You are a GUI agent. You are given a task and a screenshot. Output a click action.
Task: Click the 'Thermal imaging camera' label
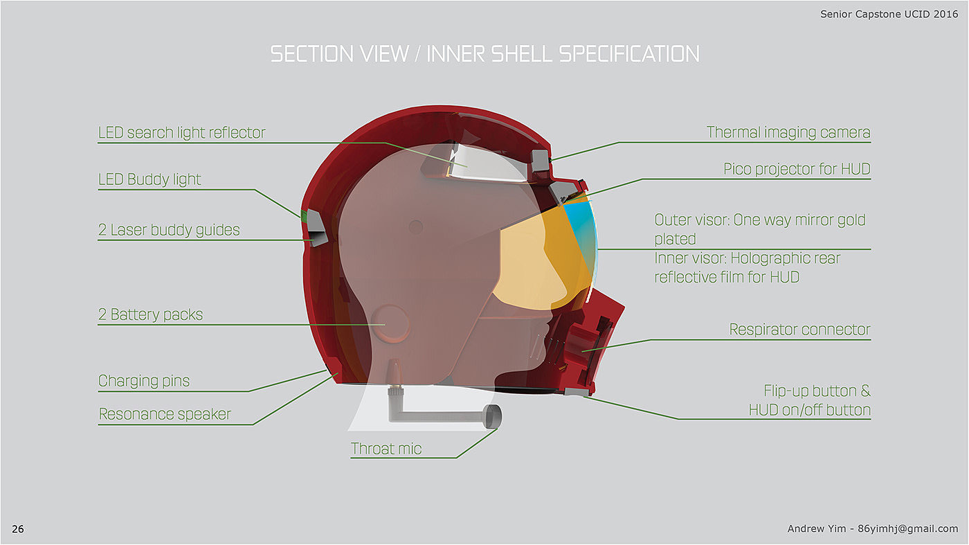point(788,132)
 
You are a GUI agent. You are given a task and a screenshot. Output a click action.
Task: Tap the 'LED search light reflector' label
point(181,133)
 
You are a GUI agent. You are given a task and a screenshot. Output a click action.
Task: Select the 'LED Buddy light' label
point(150,179)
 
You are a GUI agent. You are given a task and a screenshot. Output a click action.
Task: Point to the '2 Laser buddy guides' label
point(169,230)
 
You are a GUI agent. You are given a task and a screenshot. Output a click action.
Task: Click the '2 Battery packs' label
point(150,315)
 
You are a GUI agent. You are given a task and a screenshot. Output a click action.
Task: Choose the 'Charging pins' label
point(144,381)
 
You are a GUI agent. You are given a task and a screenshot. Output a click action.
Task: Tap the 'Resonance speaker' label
point(165,414)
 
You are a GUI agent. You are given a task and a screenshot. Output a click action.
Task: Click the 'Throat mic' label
point(386,449)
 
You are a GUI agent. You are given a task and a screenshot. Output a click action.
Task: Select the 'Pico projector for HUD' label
point(797,169)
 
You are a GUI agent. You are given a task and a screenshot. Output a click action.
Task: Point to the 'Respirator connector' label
point(799,330)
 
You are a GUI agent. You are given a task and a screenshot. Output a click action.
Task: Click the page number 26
point(18,529)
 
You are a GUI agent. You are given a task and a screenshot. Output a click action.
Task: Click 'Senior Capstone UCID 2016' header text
point(889,14)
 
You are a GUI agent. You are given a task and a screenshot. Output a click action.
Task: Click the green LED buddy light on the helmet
point(303,216)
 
